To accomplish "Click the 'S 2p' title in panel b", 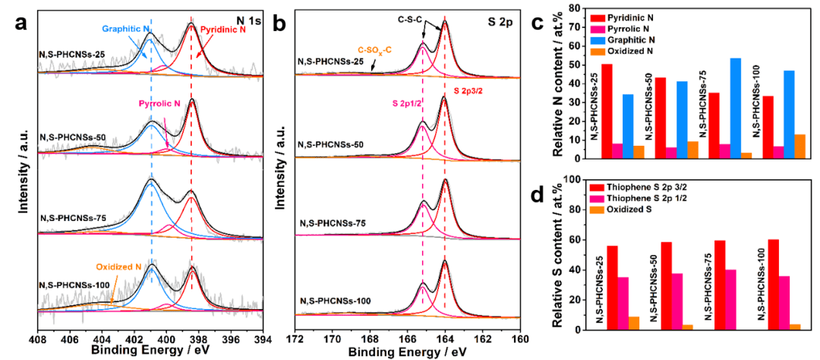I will click(500, 21).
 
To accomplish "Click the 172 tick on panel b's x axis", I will click(296, 339).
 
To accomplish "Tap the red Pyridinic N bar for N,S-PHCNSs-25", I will click(606, 111).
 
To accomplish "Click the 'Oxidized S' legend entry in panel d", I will click(623, 210).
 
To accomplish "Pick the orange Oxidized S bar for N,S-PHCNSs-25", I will click(632, 323).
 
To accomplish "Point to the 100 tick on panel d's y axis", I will click(575, 180).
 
